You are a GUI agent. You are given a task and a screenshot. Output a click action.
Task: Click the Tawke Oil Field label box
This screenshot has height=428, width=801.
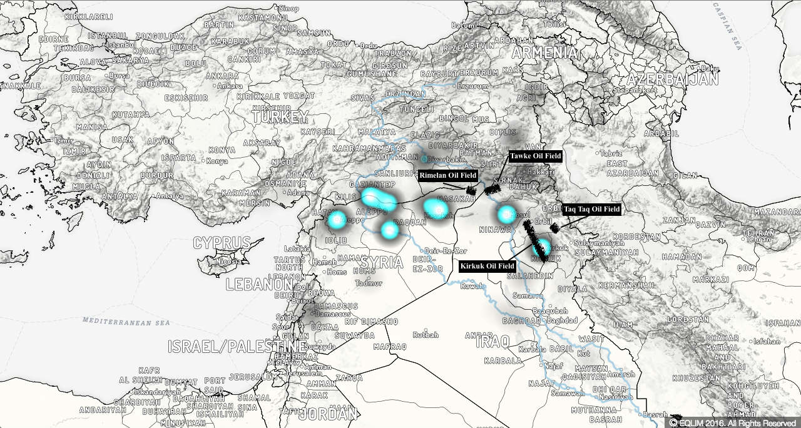(x=536, y=156)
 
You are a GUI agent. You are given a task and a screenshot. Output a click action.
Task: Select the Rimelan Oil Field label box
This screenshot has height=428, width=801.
(x=448, y=175)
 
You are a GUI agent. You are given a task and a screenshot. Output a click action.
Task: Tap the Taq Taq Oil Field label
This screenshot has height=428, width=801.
(x=591, y=209)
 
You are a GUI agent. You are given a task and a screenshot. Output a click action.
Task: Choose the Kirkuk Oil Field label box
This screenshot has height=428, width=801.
(x=487, y=266)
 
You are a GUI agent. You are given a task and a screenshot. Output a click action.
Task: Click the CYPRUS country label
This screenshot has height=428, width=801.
(x=222, y=243)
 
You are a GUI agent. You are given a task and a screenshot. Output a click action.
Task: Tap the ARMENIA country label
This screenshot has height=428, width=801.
(x=544, y=53)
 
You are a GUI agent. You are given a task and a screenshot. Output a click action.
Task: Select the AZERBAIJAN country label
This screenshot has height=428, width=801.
(x=673, y=80)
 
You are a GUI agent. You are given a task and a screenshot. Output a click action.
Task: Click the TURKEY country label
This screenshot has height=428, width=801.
(x=281, y=117)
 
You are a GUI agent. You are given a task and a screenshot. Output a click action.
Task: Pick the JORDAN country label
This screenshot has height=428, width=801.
(x=329, y=414)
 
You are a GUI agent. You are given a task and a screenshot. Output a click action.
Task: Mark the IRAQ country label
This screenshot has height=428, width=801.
(x=492, y=342)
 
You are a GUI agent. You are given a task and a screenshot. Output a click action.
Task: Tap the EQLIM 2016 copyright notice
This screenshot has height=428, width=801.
(x=732, y=423)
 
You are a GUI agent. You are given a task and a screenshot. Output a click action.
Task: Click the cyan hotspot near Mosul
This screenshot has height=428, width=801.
(x=506, y=215)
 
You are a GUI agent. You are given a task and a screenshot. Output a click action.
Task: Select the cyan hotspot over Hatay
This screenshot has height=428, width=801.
(x=337, y=219)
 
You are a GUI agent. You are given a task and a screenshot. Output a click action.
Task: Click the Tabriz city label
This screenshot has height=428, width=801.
(x=611, y=153)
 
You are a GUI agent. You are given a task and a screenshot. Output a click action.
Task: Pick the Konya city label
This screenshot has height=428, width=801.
(x=217, y=161)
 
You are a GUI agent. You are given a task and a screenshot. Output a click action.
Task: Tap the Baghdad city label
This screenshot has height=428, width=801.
(x=562, y=320)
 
